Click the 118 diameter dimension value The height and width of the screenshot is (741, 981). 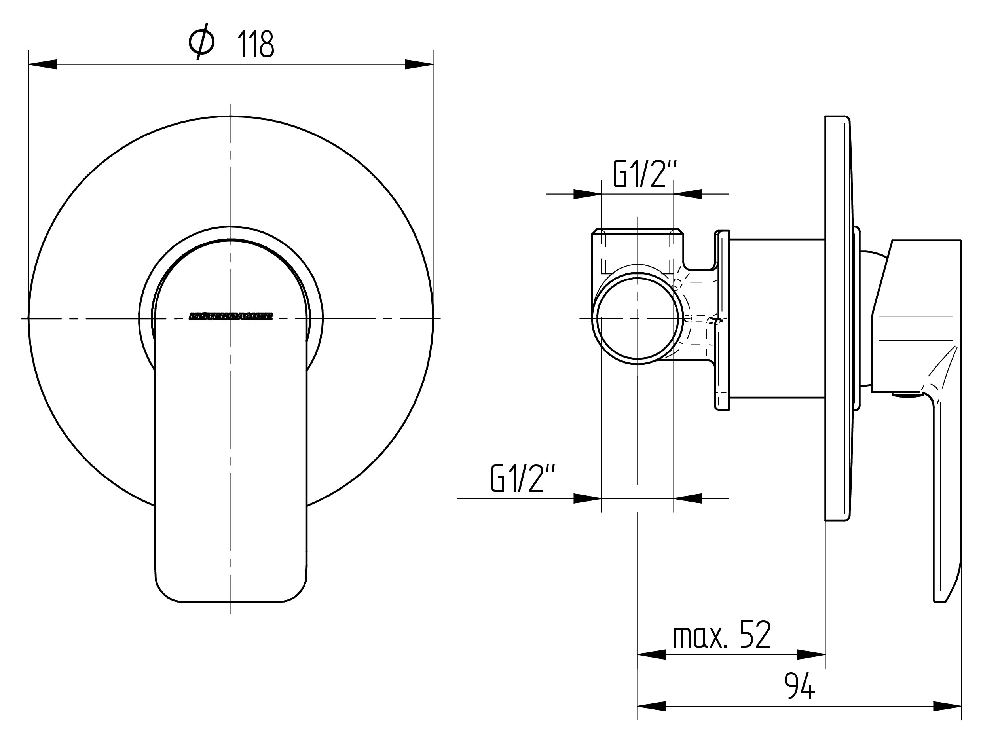click(x=256, y=44)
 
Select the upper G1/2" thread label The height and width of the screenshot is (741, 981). click(x=645, y=174)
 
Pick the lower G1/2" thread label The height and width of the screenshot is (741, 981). click(x=523, y=479)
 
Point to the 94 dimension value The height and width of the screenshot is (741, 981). click(x=799, y=686)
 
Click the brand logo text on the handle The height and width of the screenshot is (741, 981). click(x=231, y=316)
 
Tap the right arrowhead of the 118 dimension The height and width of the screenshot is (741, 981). click(x=419, y=64)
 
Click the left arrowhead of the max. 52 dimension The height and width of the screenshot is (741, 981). click(x=651, y=654)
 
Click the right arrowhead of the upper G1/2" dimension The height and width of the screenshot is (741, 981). click(x=687, y=194)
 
